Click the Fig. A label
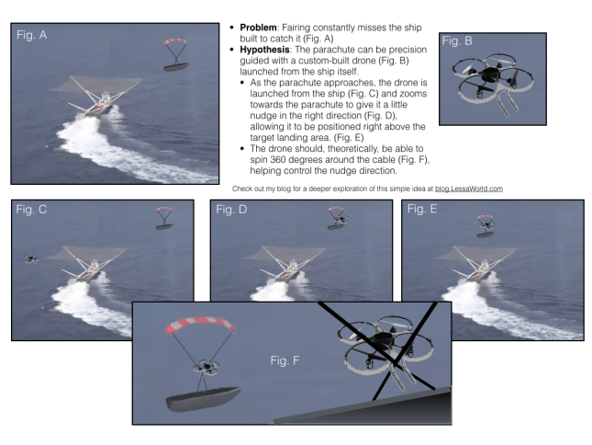coord(32,35)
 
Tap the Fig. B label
coord(457,40)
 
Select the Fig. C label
coord(31,210)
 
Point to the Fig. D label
coord(231,210)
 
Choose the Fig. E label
coord(422,209)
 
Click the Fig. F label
coord(285,360)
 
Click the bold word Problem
coord(258,28)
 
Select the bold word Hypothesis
coord(264,50)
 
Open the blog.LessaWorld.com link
coord(468,188)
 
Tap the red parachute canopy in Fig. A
coord(175,41)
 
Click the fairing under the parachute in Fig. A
coord(176,67)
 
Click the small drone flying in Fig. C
coord(31,258)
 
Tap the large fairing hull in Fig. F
coord(203,398)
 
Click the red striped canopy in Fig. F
coord(200,325)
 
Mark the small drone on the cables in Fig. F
coord(207,367)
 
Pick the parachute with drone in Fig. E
coord(486,226)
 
